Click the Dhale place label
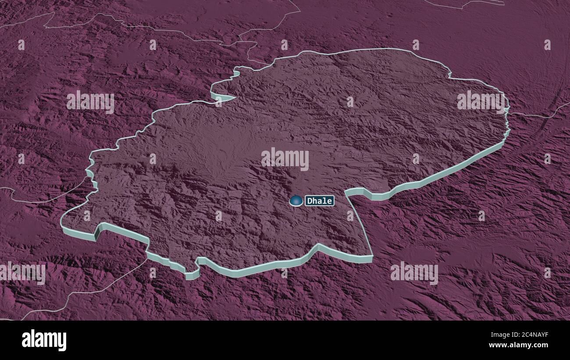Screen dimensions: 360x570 pos(320,201)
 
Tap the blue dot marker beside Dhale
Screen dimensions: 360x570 pos(296,201)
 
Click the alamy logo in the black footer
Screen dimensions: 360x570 pos(44,340)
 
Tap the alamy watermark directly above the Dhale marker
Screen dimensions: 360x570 pos(285,158)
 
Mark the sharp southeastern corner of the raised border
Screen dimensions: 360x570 pos(372,258)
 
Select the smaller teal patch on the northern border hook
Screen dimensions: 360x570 pos(237,71)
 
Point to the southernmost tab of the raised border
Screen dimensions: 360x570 pos(192,274)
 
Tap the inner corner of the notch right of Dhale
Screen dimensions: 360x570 pos(346,193)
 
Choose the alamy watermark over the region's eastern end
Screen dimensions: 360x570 pos(481,101)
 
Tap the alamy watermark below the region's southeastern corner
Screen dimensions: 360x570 pos(414,272)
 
